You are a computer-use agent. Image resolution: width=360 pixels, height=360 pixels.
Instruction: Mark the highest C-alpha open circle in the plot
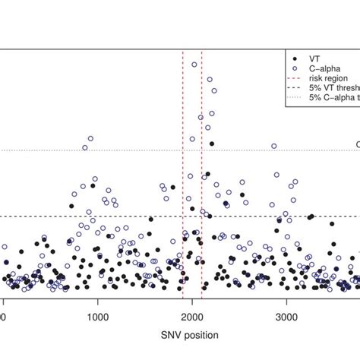pos(194,65)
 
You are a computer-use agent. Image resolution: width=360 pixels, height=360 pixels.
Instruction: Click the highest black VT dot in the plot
pos(212,144)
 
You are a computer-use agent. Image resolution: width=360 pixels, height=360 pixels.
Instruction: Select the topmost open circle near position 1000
pos(90,138)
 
